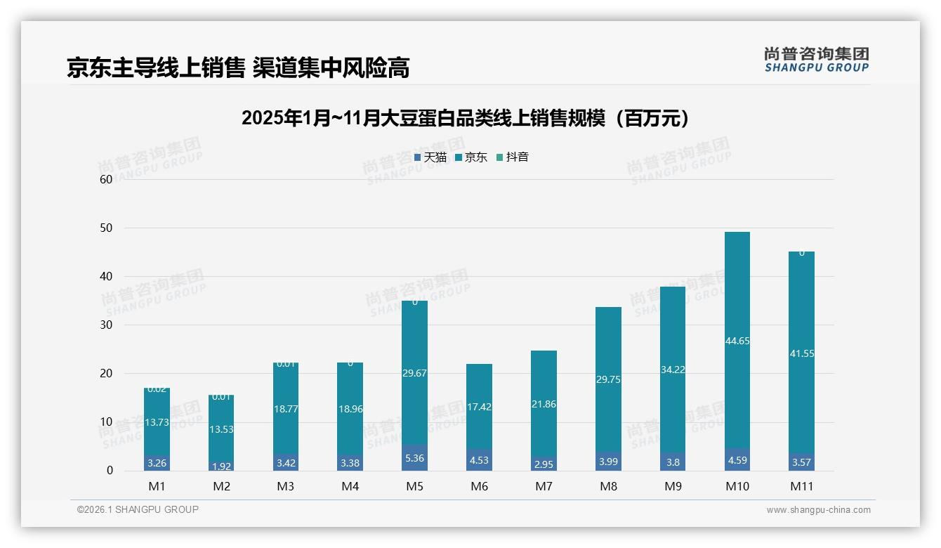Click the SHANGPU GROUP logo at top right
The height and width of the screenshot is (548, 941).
click(816, 60)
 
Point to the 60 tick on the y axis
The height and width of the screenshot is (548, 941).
click(106, 179)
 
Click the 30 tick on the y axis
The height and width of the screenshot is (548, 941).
click(106, 325)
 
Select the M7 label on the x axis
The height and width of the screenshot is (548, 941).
click(544, 486)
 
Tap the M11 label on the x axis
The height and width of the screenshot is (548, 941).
click(801, 486)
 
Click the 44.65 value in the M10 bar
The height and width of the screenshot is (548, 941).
click(737, 341)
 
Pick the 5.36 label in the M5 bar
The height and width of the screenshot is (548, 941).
click(414, 459)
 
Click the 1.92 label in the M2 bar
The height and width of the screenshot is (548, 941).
click(221, 466)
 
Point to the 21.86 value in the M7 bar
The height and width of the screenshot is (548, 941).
click(544, 404)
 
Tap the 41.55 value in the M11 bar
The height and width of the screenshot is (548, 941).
click(801, 354)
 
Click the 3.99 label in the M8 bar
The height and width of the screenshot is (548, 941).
click(608, 462)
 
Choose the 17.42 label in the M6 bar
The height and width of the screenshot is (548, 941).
click(479, 407)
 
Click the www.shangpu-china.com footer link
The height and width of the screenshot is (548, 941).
click(818, 510)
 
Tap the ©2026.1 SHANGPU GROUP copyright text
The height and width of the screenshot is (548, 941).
click(138, 509)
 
